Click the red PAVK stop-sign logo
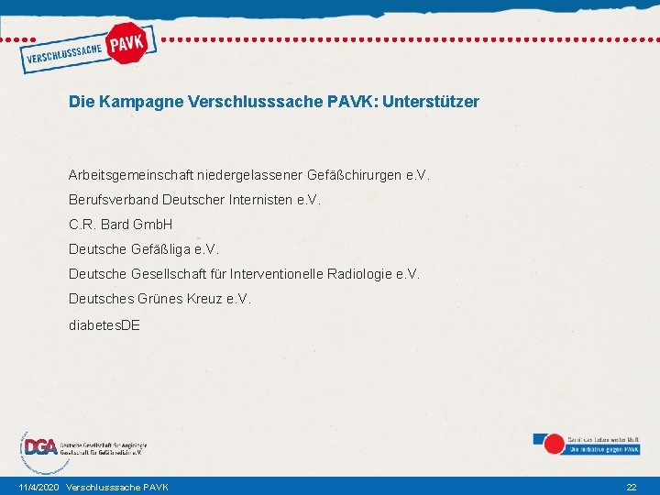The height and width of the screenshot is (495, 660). [x=127, y=42]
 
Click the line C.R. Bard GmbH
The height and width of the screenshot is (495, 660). [x=120, y=225]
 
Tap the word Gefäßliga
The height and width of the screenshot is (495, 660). [x=157, y=249]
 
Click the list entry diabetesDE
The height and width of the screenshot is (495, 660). [x=104, y=324]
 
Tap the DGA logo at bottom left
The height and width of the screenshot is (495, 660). [x=40, y=447]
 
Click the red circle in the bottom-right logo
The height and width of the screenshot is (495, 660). [x=554, y=445]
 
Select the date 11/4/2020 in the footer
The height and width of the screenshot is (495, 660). [x=38, y=487]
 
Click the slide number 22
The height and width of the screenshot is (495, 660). [x=631, y=487]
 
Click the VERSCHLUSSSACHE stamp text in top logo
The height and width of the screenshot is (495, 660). [x=63, y=55]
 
